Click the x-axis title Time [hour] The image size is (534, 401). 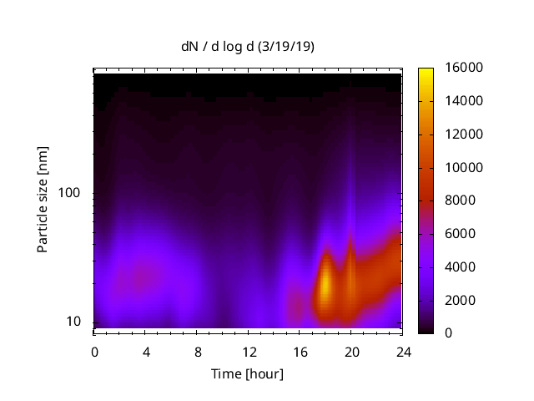(247, 373)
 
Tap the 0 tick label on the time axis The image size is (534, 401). (94, 351)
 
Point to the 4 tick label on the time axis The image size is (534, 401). (146, 351)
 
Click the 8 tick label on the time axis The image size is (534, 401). (197, 351)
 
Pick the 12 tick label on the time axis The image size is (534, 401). (249, 351)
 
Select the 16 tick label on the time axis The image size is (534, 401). (300, 351)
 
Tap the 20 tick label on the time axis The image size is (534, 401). (351, 351)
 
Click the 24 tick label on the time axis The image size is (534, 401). (402, 351)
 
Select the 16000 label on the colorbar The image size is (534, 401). (464, 68)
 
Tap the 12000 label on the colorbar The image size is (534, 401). (464, 134)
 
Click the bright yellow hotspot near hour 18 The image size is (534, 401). (325, 284)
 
